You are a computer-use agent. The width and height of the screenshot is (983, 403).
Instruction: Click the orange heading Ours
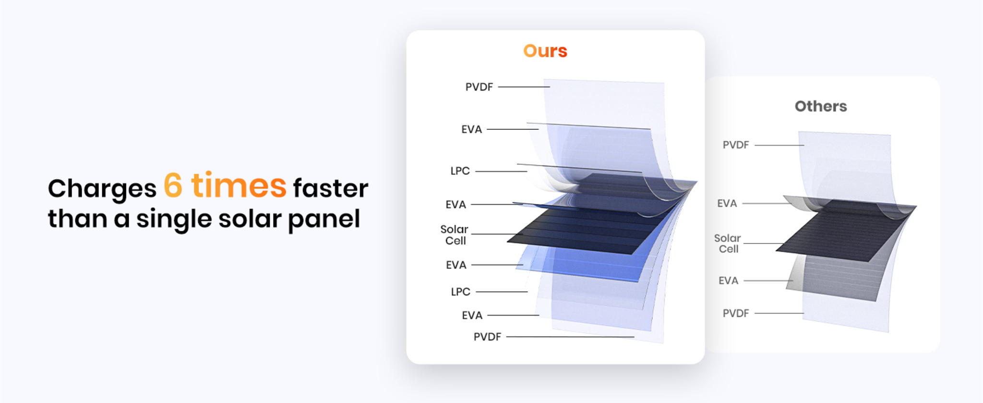tap(545, 51)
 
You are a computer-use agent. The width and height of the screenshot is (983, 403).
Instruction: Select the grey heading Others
tap(821, 106)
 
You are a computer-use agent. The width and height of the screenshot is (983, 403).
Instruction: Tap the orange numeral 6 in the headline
tap(173, 185)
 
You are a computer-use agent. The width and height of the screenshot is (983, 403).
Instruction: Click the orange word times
tap(239, 185)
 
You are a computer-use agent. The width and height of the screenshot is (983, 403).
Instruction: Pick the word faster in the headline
tap(331, 188)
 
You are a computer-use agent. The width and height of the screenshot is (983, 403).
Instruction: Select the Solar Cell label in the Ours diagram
tap(454, 235)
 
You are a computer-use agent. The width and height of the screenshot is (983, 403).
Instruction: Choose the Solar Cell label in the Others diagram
tap(728, 244)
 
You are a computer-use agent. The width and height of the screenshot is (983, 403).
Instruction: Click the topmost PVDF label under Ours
tap(479, 87)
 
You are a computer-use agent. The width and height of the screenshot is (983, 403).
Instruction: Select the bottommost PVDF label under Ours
tap(487, 337)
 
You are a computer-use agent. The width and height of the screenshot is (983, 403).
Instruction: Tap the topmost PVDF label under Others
tap(736, 145)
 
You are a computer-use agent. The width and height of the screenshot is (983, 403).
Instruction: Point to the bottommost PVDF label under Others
tap(736, 313)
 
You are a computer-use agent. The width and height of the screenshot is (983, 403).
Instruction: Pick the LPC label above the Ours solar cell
tap(460, 171)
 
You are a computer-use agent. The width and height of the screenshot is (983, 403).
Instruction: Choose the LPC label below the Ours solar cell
tap(460, 292)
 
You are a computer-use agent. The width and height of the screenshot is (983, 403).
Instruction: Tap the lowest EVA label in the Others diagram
tap(728, 281)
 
